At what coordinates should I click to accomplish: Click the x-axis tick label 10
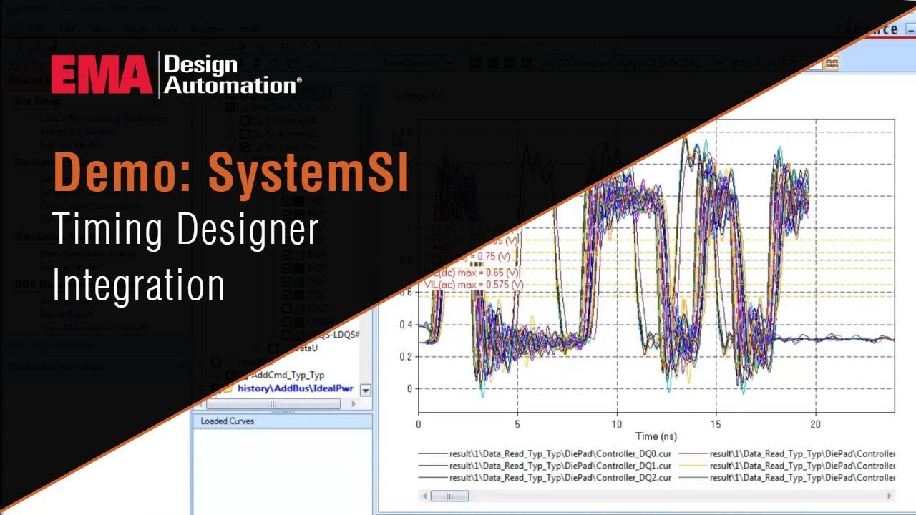tap(617, 423)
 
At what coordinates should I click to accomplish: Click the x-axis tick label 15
tap(716, 423)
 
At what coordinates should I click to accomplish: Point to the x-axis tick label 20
tap(815, 423)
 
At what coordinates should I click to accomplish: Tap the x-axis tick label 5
tap(517, 423)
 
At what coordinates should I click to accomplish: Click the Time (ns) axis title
tap(656, 436)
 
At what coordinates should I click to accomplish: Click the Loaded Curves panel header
tap(228, 421)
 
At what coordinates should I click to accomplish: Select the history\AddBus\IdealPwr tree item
tap(295, 388)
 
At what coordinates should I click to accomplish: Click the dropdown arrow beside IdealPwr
tap(366, 390)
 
